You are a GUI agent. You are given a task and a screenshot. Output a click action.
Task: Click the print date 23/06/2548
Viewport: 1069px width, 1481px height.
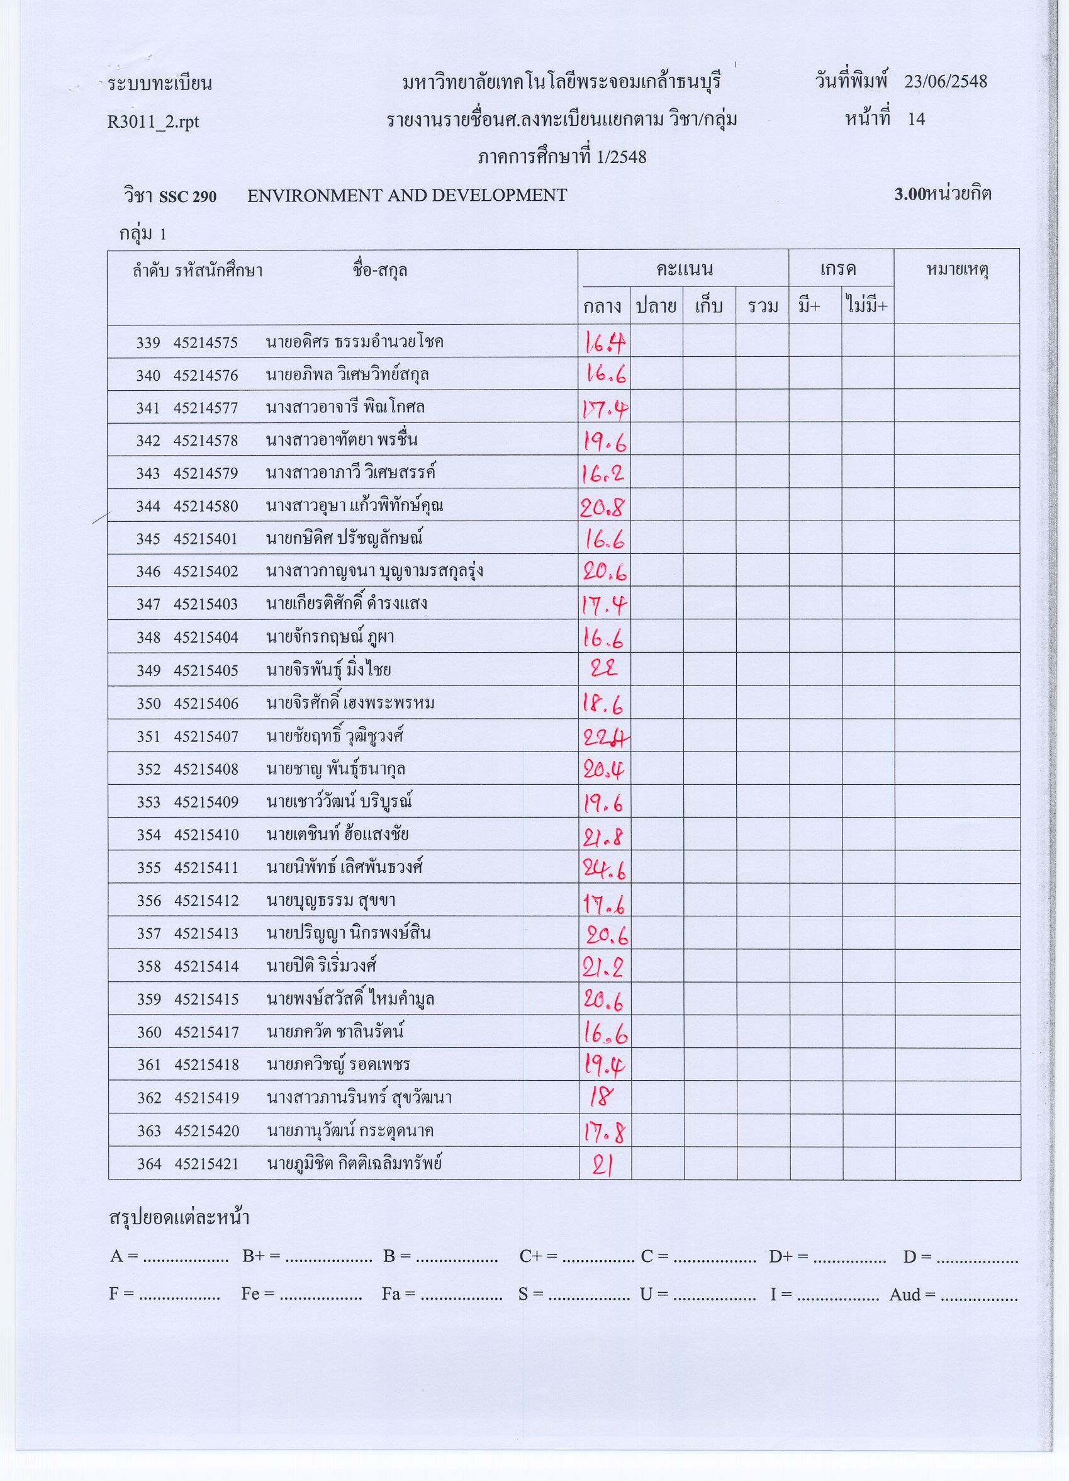(x=945, y=82)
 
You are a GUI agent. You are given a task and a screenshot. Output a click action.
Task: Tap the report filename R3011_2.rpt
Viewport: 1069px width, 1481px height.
(x=154, y=122)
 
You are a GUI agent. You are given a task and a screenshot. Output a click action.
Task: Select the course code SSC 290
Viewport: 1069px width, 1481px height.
(x=187, y=196)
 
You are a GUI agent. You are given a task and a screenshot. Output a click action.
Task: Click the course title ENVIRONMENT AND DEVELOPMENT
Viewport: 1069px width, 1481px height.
(x=407, y=195)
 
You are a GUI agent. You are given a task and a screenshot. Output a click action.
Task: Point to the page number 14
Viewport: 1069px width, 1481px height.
(x=916, y=120)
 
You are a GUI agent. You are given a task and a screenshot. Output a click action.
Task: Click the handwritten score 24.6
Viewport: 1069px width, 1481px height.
(x=604, y=868)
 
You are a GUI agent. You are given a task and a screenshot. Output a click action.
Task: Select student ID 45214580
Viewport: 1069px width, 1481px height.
(x=206, y=506)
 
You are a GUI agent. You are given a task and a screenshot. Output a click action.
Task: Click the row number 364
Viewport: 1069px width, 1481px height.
(x=148, y=1164)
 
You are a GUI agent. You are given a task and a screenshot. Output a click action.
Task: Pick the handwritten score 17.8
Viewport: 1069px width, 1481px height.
(x=604, y=1130)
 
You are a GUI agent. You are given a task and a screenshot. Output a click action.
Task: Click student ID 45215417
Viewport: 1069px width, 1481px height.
(x=206, y=1032)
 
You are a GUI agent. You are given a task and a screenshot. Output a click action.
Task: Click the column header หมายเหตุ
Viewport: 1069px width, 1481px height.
(x=958, y=269)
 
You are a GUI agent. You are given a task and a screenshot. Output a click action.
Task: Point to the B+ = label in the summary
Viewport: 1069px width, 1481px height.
(x=260, y=1256)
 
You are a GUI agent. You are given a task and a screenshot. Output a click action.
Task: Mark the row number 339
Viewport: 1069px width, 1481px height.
(x=148, y=343)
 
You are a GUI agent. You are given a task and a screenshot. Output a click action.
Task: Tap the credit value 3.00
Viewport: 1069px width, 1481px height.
(x=910, y=194)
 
